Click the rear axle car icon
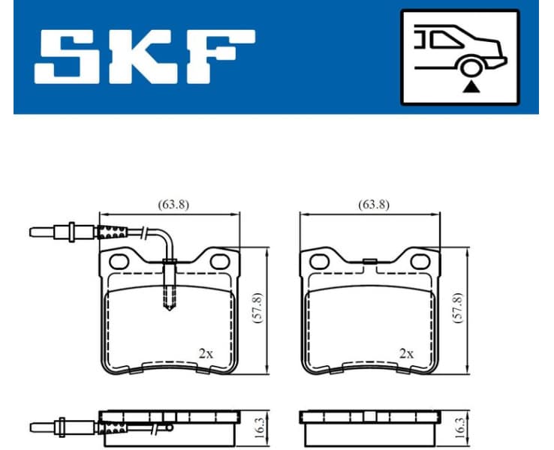click(459, 56)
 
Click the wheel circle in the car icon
click(471, 67)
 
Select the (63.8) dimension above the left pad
click(173, 204)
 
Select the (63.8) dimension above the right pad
click(373, 204)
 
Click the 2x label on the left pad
click(205, 352)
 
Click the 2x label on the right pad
click(406, 352)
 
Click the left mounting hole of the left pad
click(119, 262)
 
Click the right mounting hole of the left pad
click(219, 262)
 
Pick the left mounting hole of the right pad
click(319, 262)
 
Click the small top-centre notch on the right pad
click(369, 261)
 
